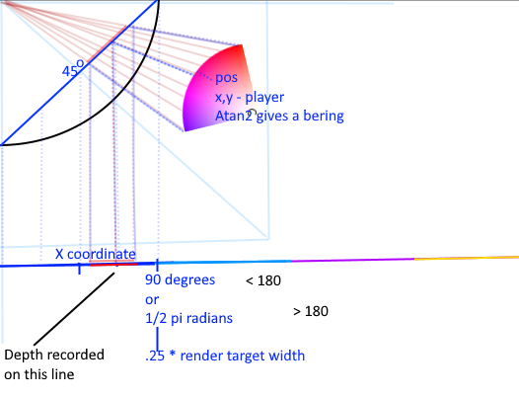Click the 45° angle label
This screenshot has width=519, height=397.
tap(73, 68)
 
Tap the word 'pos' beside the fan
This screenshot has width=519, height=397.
tap(226, 78)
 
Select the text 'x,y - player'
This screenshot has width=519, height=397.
tap(250, 97)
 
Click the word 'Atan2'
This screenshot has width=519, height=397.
tap(233, 116)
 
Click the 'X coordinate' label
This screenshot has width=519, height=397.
tap(96, 254)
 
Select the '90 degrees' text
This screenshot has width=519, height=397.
tap(180, 279)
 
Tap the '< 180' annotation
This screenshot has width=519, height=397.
tap(263, 280)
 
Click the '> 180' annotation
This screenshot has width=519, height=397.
tap(311, 311)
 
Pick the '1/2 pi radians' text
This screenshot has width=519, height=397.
tap(188, 318)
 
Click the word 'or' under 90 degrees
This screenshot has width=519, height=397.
tap(152, 299)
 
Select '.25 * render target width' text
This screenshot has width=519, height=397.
tap(225, 356)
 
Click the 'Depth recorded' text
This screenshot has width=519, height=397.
tap(54, 355)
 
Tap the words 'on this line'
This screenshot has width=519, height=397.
tap(39, 374)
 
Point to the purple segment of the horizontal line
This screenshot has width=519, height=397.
tap(352, 260)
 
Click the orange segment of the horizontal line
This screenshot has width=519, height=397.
tap(467, 258)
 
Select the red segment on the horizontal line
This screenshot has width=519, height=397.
tap(113, 265)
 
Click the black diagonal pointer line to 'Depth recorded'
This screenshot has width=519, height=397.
tap(74, 309)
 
